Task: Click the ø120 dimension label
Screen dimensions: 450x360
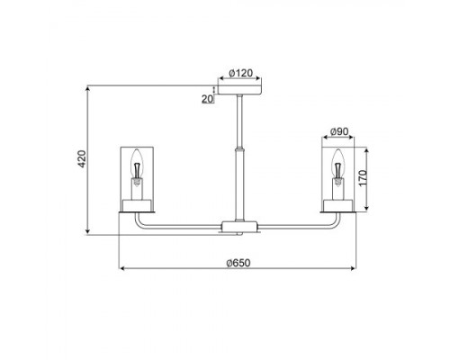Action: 240,73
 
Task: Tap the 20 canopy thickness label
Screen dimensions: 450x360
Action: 207,99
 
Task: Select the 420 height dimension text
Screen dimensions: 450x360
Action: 82,158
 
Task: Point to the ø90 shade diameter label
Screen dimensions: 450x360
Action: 339,131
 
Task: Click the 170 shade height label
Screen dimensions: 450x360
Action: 363,178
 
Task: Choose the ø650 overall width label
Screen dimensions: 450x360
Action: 238,263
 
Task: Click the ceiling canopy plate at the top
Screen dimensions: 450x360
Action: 239,90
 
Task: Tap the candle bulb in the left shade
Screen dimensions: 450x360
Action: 137,167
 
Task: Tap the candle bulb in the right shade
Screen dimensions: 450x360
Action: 337,167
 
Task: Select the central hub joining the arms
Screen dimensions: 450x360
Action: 239,227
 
